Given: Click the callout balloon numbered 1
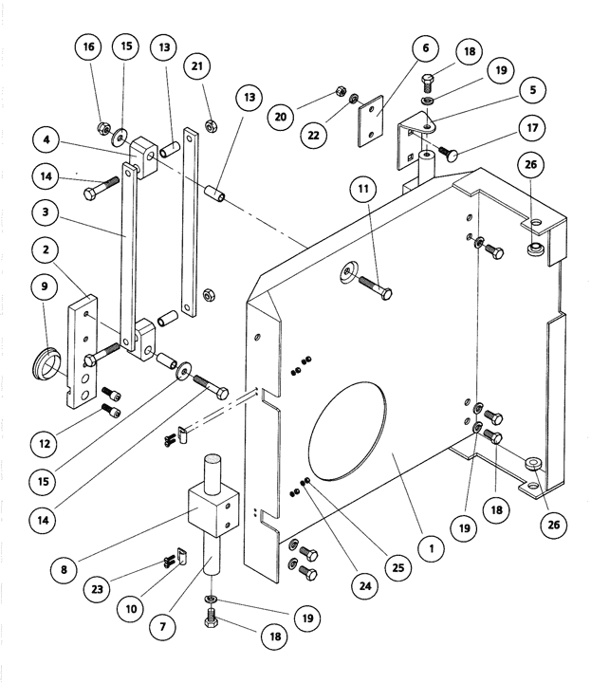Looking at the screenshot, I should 431,547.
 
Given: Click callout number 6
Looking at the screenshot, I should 424,46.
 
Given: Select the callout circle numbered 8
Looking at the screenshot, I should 65,572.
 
